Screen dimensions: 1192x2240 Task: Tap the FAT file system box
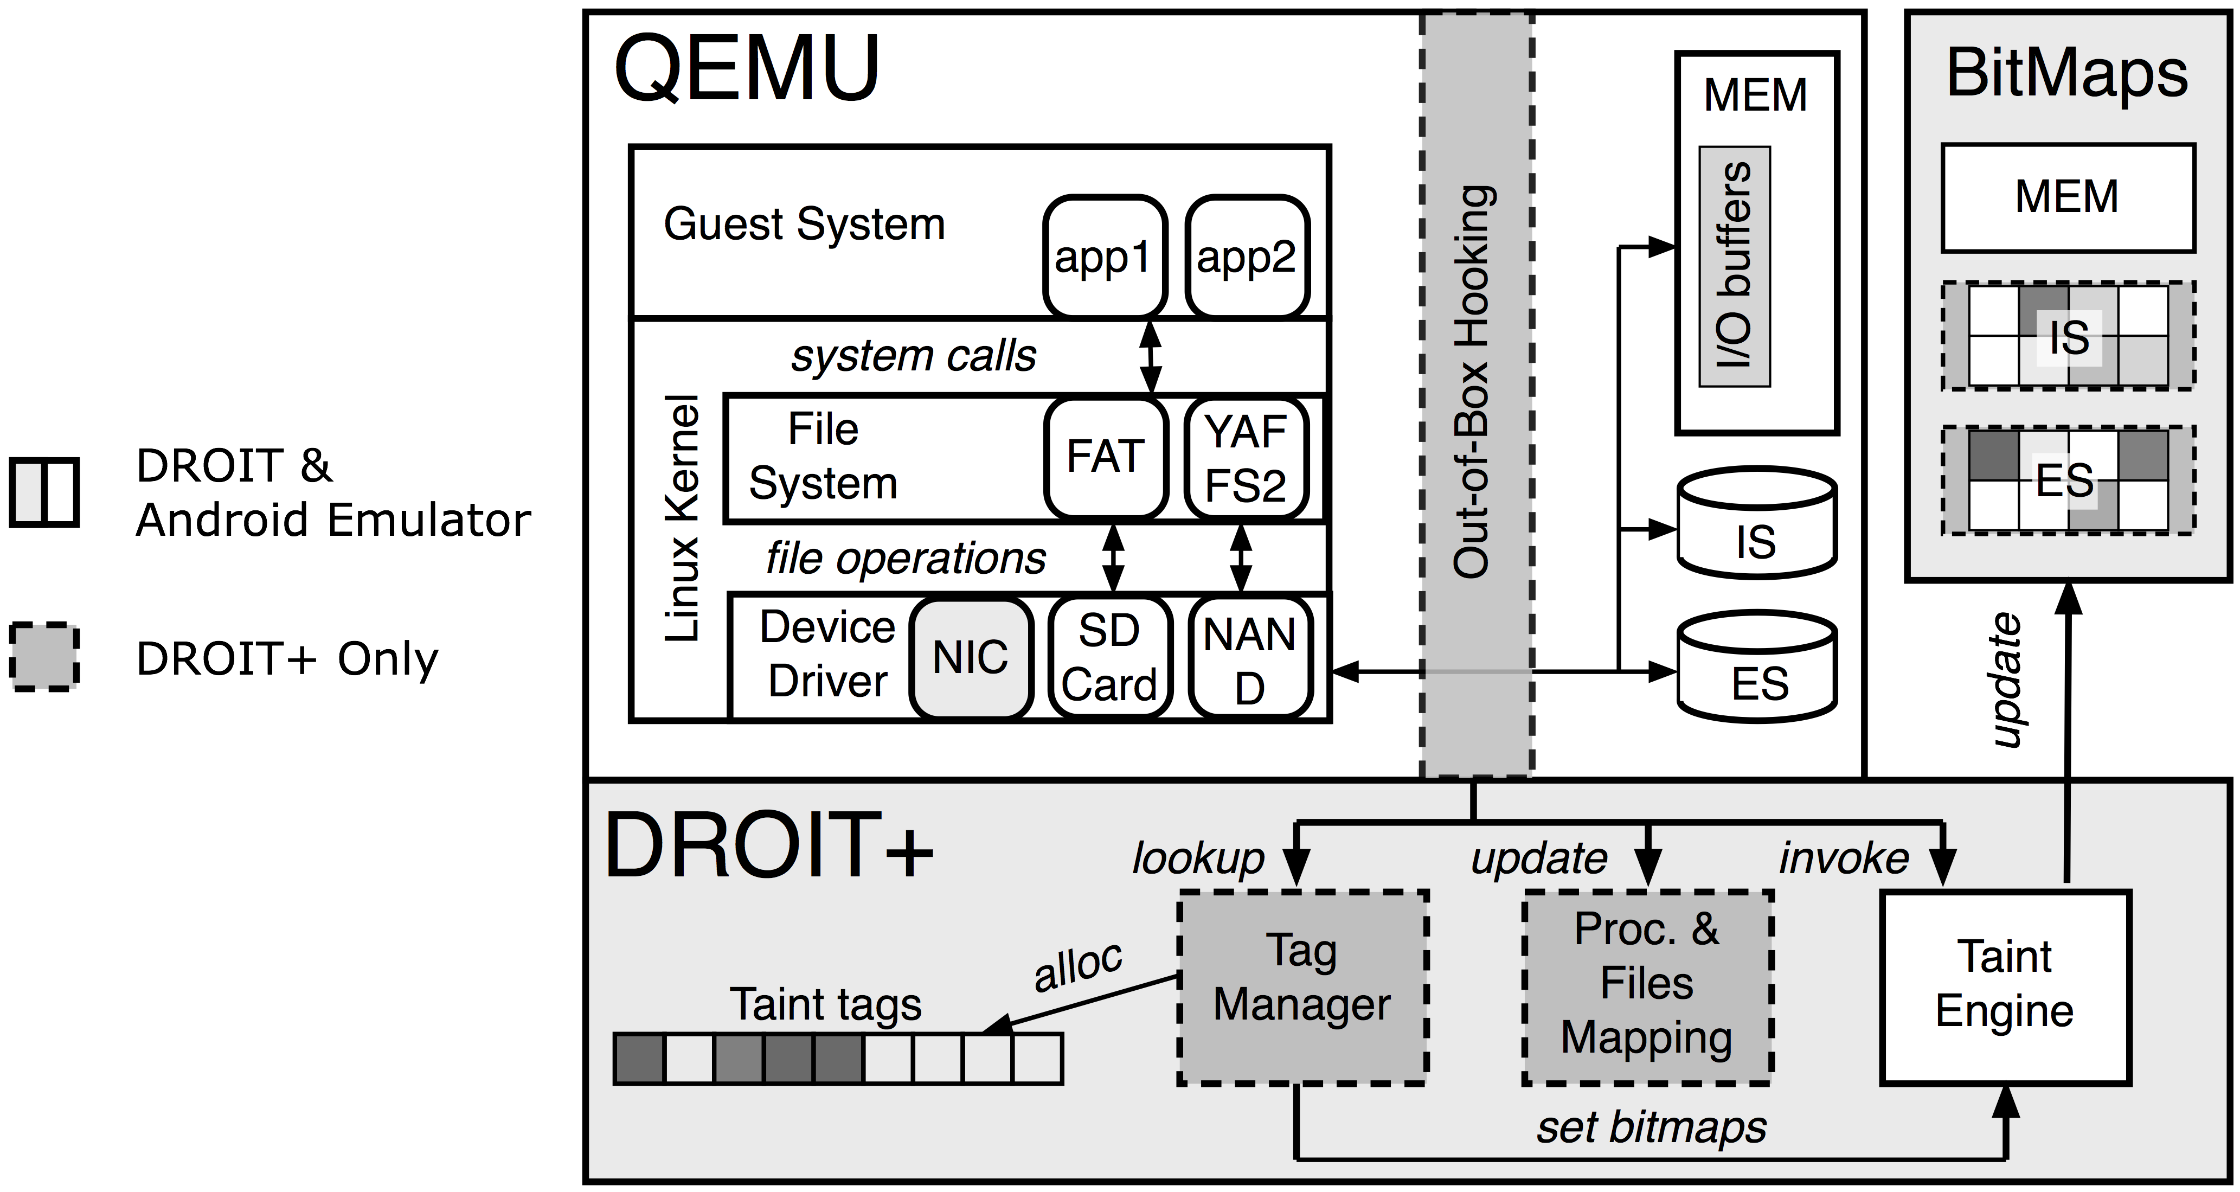[x=1105, y=457]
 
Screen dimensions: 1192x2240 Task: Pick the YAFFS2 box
[x=1246, y=457]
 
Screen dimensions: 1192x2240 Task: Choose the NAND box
[x=1249, y=659]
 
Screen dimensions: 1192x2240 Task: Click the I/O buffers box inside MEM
[x=1735, y=266]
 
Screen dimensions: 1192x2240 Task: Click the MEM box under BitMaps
[x=2067, y=197]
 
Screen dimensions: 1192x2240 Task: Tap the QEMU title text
[x=746, y=69]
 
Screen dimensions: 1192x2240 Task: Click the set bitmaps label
[x=1651, y=1127]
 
